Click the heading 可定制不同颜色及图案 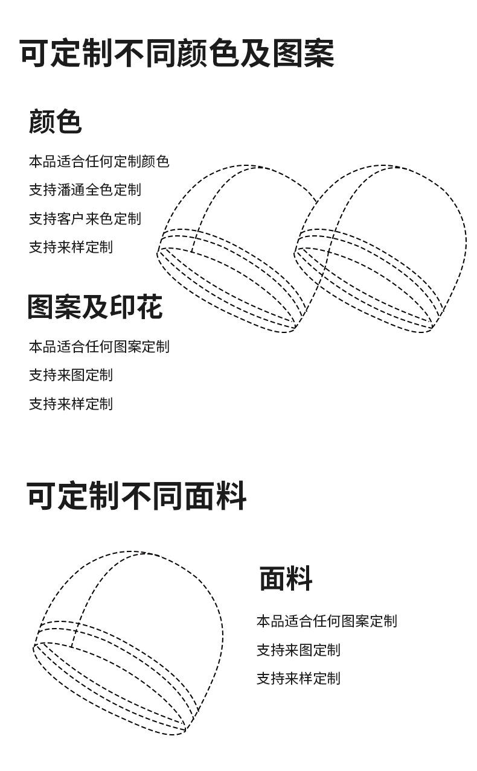point(176,54)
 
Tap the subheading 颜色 point(55,121)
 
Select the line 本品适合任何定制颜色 point(99,162)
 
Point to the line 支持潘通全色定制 point(85,190)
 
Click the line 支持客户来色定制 point(85,218)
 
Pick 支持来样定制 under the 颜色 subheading point(71,247)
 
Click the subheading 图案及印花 point(95,307)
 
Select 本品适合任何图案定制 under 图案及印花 point(99,347)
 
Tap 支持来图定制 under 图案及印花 point(71,375)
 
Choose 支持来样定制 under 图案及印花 point(71,404)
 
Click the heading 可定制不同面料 point(136,497)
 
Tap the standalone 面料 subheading point(286,579)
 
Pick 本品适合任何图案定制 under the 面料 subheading point(327,621)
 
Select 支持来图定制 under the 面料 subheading point(298,650)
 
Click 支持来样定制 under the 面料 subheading point(298,678)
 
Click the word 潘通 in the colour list point(71,190)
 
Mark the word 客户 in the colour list point(71,218)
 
